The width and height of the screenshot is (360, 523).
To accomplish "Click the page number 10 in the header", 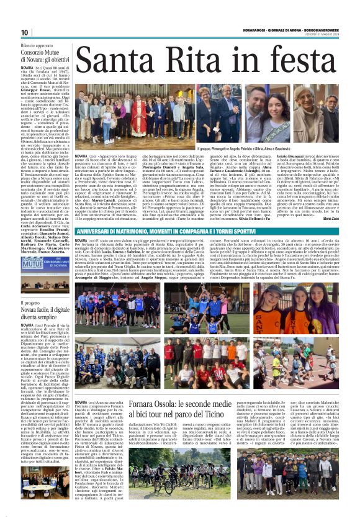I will click(25, 32).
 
